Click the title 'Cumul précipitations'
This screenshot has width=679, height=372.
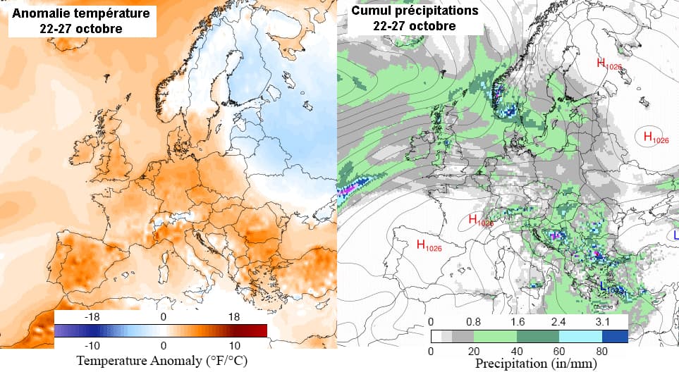[x=415, y=11]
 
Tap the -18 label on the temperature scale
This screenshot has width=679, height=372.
[x=91, y=317]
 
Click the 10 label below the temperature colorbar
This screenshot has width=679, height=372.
[x=235, y=346]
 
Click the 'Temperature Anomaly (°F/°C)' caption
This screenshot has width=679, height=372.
[x=162, y=361]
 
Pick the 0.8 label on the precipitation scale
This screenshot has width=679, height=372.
[x=474, y=321]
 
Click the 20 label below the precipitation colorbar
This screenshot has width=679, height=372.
[x=473, y=350]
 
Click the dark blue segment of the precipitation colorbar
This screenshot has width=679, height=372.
[x=616, y=336]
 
